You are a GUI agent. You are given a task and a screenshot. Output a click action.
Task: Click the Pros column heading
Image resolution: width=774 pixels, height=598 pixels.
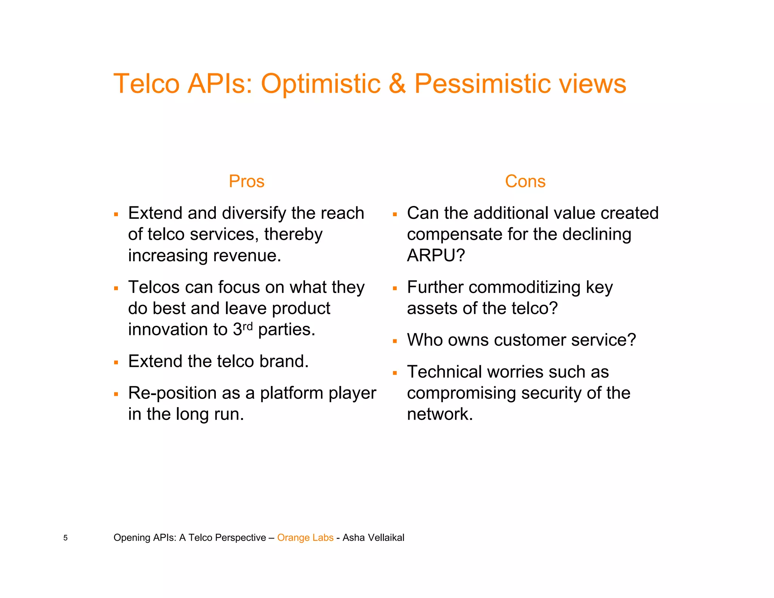[x=246, y=181]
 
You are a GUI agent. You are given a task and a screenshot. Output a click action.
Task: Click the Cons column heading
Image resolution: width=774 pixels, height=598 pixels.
[x=525, y=181]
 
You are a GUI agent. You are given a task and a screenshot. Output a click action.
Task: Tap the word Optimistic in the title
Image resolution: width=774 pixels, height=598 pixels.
[x=321, y=84]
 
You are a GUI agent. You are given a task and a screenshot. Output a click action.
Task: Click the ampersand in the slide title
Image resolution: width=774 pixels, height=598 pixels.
[x=397, y=84]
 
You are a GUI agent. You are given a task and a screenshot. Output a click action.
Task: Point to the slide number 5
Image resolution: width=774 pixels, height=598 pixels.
[x=65, y=538]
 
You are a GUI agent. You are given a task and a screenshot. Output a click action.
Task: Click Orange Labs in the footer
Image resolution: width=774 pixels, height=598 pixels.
[x=305, y=538]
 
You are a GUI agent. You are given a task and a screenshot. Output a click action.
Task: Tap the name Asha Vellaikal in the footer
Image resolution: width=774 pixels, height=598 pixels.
[x=373, y=538]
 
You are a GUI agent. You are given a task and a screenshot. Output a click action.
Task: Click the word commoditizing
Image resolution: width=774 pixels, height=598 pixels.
[x=525, y=288]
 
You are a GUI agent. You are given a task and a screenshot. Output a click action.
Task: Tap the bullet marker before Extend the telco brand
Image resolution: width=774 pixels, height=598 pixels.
[x=116, y=363]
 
